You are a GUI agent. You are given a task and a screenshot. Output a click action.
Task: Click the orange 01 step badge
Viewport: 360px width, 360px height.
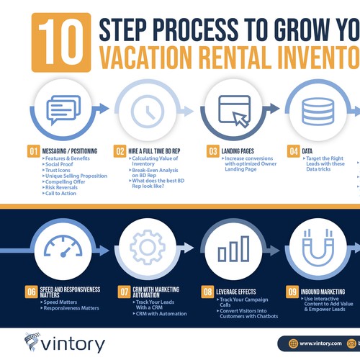32,151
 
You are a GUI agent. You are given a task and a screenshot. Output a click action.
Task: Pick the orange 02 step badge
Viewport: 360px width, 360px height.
120,151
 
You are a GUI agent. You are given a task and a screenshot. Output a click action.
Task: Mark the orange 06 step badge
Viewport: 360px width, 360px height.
32,292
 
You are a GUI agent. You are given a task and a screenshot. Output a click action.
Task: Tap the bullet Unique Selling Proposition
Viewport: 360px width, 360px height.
75,176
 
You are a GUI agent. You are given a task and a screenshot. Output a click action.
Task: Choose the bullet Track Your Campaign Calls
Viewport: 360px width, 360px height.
242,302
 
